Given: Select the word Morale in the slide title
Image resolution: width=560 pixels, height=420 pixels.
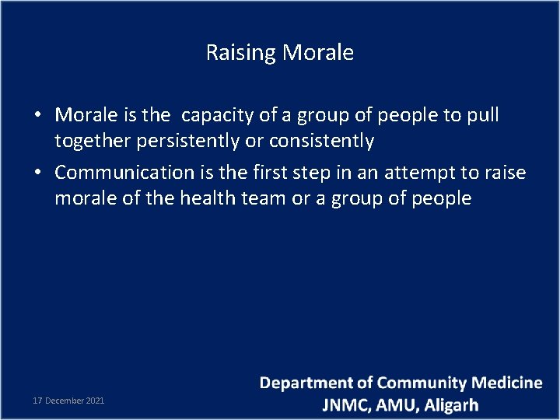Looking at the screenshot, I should [318, 53].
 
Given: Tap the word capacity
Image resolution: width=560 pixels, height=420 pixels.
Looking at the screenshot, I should [217, 116].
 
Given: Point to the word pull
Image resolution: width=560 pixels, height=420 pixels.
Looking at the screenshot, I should [483, 115].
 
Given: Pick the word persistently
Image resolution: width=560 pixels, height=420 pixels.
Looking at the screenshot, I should [187, 142].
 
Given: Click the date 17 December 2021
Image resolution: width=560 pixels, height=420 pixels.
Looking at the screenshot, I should [68, 401].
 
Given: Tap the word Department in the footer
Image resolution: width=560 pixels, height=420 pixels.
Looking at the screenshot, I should [306, 383].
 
